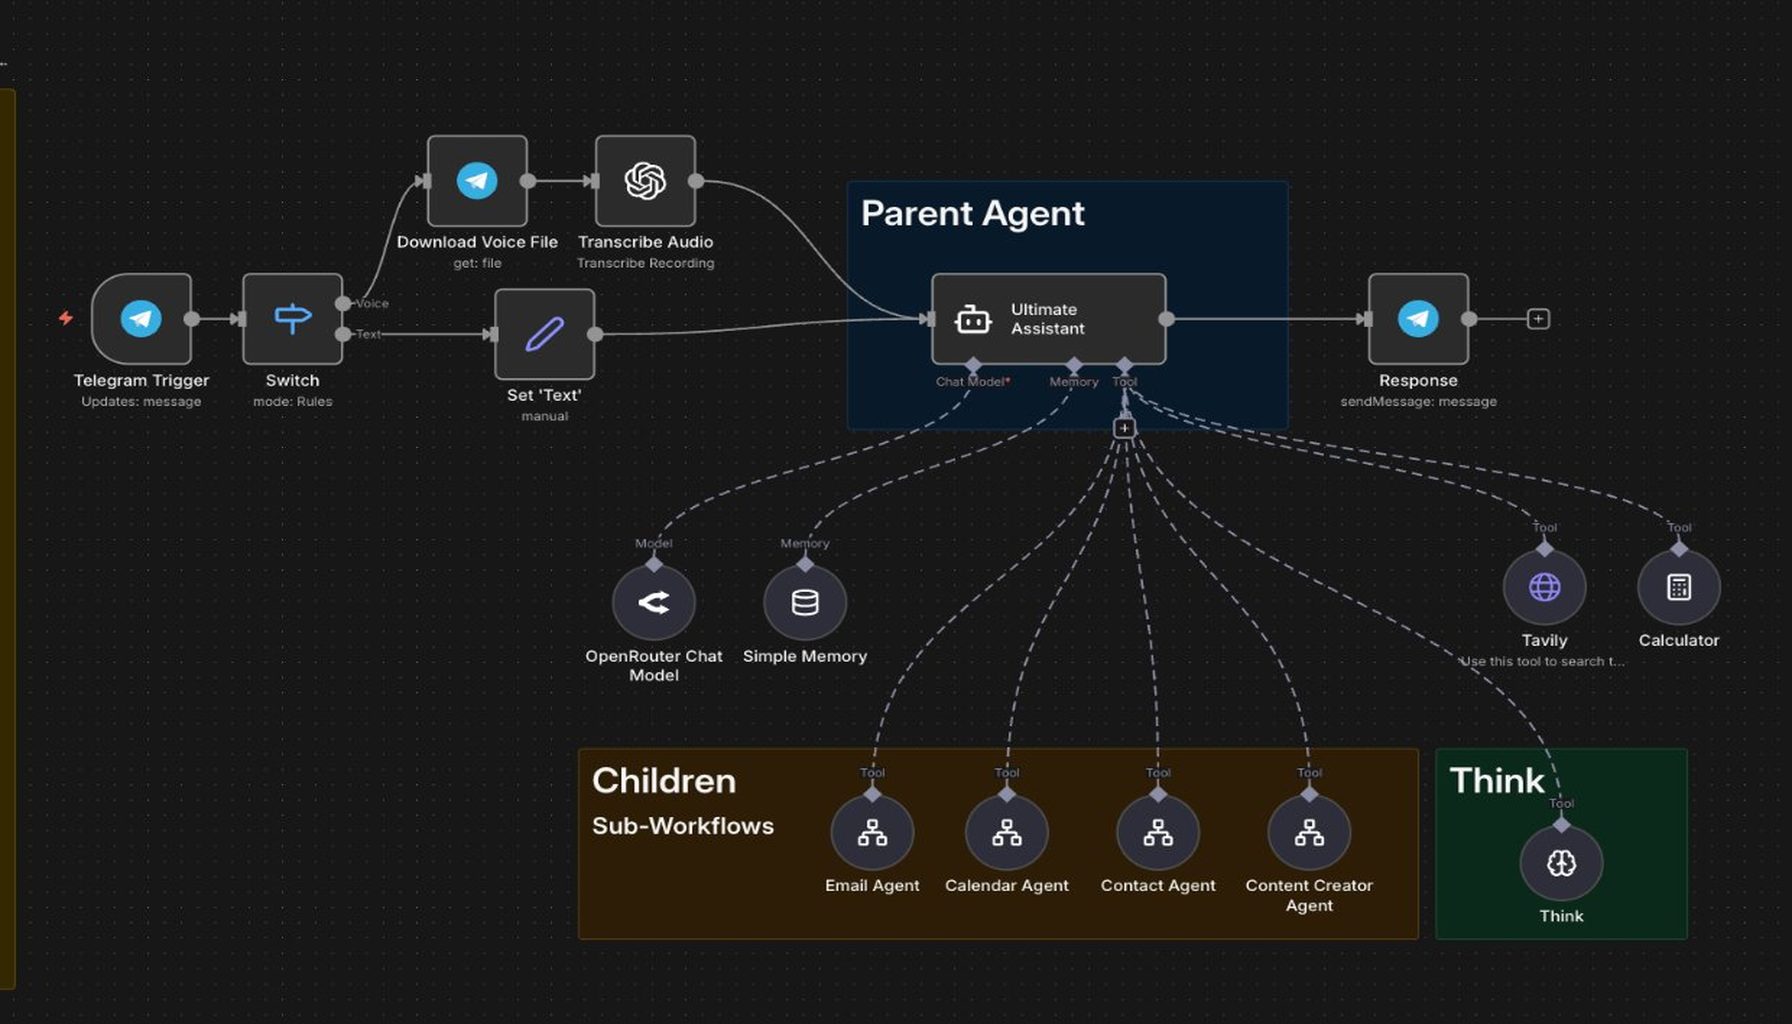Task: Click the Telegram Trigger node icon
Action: (x=141, y=319)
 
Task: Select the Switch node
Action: (x=292, y=319)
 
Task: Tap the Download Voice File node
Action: (x=477, y=181)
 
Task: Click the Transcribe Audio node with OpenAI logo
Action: (x=645, y=181)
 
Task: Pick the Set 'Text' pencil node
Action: (x=544, y=334)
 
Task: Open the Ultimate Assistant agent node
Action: (x=1048, y=319)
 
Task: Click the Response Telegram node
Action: (x=1418, y=319)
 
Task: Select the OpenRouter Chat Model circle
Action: (x=654, y=602)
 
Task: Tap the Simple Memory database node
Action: (x=805, y=602)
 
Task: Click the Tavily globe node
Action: (x=1544, y=587)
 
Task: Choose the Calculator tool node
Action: (x=1679, y=587)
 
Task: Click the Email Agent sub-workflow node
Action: (x=872, y=833)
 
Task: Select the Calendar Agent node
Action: (x=1007, y=833)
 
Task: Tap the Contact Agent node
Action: (x=1158, y=833)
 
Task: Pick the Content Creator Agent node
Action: (x=1309, y=833)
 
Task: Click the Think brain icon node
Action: (x=1561, y=863)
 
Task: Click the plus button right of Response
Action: (x=1538, y=319)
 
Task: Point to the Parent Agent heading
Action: (x=972, y=213)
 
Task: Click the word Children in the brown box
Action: (x=664, y=781)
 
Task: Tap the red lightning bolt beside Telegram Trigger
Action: (x=66, y=318)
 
